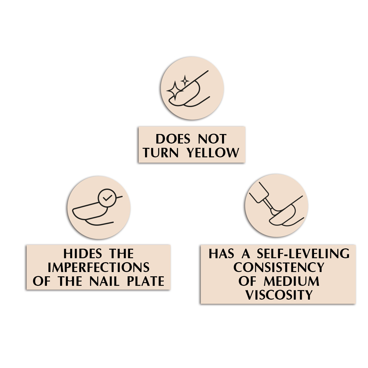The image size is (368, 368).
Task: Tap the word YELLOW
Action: (213, 153)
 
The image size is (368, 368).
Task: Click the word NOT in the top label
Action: (212, 139)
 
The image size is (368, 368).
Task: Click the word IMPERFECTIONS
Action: (98, 268)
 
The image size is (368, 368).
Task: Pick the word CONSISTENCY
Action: (279, 268)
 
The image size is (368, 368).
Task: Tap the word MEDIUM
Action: (291, 281)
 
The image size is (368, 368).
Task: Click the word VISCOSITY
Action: (279, 295)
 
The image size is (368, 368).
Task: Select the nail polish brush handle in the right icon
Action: (259, 193)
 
